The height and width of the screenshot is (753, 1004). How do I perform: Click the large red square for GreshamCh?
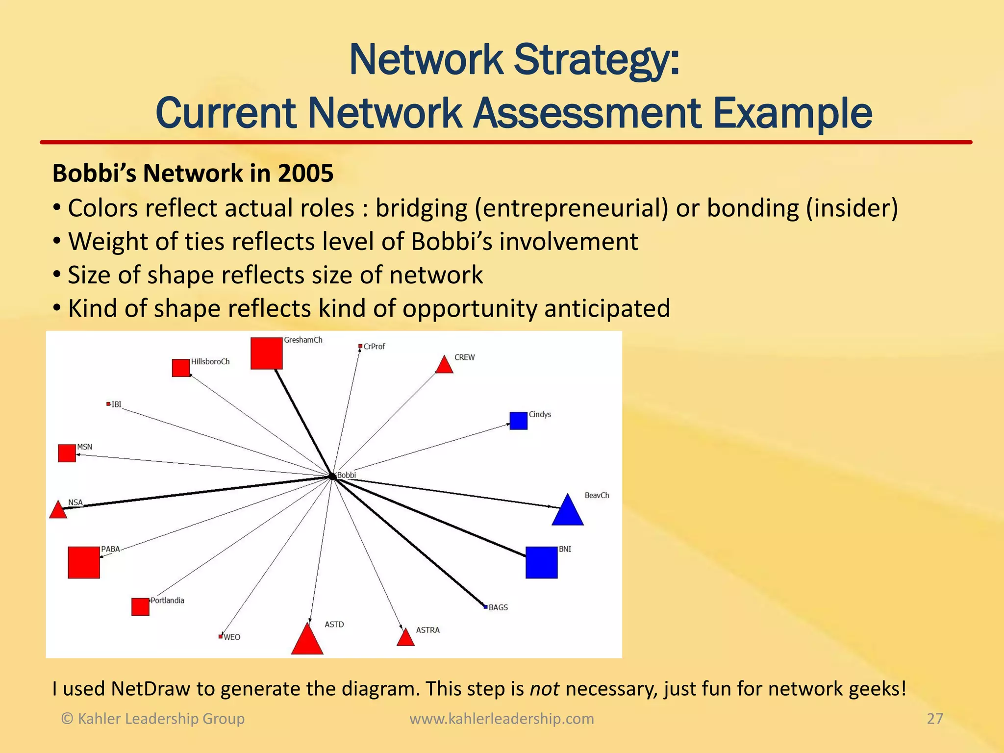point(266,353)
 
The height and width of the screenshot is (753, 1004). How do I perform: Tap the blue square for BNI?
point(541,562)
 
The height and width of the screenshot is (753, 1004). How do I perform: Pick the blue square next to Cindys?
point(518,421)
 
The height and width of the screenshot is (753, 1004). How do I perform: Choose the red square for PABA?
point(84,562)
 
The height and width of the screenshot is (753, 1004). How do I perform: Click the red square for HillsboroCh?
point(181,368)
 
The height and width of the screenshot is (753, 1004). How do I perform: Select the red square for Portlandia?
point(140,606)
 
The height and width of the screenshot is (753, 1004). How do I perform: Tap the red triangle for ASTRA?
point(405,638)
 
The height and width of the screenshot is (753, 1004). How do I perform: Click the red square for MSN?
point(67,453)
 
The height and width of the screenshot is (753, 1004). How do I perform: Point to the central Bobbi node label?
point(347,475)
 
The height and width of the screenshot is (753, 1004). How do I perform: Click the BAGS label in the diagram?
point(498,607)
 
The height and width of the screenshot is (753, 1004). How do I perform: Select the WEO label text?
point(232,637)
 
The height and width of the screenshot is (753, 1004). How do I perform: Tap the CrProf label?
point(374,347)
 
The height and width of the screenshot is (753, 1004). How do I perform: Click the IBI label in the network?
point(116,404)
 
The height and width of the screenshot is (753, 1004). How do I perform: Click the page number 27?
point(934,719)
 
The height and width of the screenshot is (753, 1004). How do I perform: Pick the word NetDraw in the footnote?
point(150,689)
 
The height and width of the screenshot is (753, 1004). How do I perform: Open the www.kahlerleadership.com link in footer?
point(502,719)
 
